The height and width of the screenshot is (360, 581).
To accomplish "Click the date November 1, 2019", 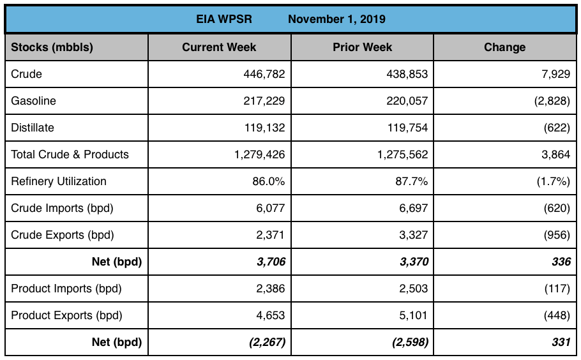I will (x=336, y=19).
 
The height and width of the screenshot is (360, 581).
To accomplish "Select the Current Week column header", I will (x=219, y=47).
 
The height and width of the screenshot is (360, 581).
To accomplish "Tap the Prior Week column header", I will (x=362, y=47).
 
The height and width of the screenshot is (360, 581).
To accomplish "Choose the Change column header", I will (x=504, y=47).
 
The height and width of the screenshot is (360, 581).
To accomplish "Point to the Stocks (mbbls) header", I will (x=52, y=47).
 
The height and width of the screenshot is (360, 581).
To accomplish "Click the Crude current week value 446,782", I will (x=264, y=74).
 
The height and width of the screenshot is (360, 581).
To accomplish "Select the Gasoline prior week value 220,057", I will (x=406, y=101).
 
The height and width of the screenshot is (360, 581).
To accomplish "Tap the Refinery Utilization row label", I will (x=59, y=181).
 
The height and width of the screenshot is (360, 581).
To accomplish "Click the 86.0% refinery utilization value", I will (x=268, y=181).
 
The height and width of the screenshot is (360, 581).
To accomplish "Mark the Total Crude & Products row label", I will (x=70, y=154).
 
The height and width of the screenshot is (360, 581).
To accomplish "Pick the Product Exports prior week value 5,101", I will (x=414, y=315).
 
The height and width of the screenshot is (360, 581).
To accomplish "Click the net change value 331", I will (x=561, y=342).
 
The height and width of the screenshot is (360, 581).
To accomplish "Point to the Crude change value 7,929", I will (x=555, y=74).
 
